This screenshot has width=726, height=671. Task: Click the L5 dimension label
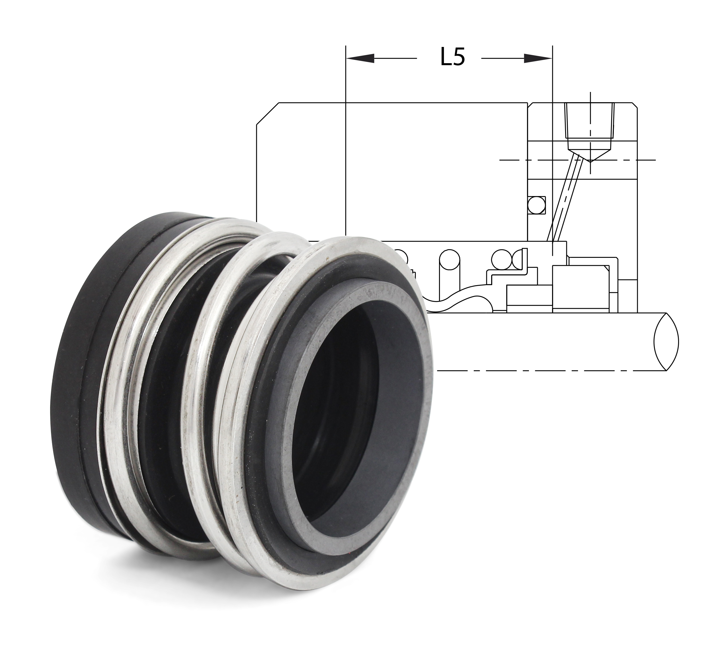pos(452,58)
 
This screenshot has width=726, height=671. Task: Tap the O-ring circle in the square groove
pos(537,205)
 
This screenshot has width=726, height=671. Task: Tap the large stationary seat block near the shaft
pos(579,289)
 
